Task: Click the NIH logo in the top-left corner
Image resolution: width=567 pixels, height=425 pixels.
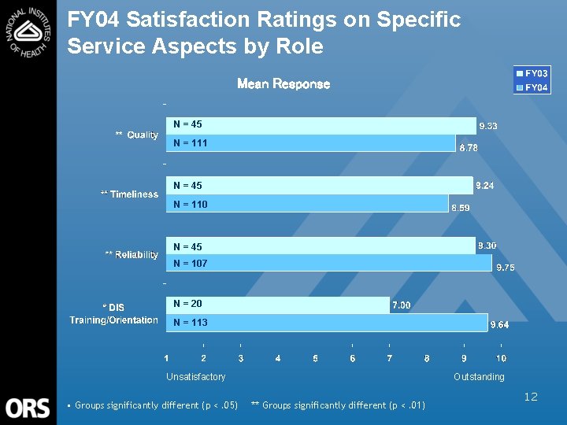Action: (x=28, y=31)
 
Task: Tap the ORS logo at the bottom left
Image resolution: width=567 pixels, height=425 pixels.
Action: (x=28, y=408)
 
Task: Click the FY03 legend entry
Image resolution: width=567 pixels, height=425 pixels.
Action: (x=532, y=74)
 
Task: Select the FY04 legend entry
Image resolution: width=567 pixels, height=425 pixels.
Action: (x=532, y=87)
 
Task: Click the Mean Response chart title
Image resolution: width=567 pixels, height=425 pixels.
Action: (x=283, y=83)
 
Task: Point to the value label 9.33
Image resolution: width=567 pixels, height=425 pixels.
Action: (x=488, y=126)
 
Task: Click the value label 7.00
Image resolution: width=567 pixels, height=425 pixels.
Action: (x=401, y=305)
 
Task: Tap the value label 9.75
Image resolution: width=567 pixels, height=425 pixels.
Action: (x=505, y=268)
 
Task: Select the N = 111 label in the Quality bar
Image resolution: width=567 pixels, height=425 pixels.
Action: (x=190, y=143)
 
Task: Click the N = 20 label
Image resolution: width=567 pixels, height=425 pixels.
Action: (x=187, y=304)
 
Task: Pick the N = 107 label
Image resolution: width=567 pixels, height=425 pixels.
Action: (x=190, y=264)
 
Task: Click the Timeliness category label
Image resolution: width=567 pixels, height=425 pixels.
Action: (x=130, y=194)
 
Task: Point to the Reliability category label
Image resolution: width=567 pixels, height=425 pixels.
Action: (x=132, y=255)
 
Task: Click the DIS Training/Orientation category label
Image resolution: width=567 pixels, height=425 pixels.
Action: (x=114, y=314)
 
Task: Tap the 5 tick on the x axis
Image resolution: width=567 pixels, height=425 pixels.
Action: (x=315, y=359)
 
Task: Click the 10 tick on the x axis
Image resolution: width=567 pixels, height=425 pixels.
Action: (x=501, y=359)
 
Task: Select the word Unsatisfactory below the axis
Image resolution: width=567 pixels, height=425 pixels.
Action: (x=195, y=377)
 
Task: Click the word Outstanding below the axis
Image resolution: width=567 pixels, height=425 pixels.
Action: (x=479, y=377)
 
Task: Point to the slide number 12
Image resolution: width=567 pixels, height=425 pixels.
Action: (x=531, y=397)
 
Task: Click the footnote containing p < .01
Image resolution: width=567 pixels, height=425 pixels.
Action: (x=338, y=405)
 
